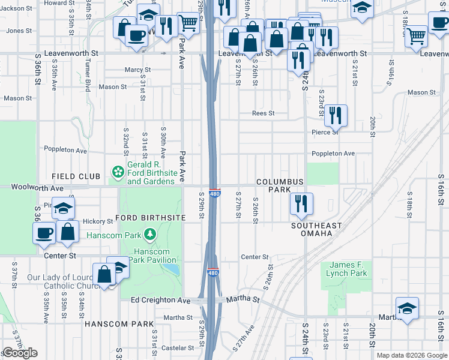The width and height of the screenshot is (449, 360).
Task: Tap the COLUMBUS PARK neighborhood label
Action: tap(280, 185)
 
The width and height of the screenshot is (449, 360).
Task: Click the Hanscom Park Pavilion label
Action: tap(155, 256)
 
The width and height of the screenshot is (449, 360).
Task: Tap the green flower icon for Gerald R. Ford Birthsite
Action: tap(118, 173)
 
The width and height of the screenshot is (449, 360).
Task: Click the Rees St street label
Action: tap(263, 113)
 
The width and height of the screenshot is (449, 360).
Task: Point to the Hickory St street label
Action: tap(97, 221)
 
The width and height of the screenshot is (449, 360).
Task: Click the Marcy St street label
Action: tap(137, 70)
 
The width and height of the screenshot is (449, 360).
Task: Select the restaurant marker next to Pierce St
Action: tap(336, 115)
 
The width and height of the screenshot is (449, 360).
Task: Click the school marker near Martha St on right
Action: tap(407, 307)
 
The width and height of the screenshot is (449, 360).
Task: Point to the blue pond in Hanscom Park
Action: tap(173, 269)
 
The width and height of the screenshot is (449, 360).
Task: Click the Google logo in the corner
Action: tap(20, 353)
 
